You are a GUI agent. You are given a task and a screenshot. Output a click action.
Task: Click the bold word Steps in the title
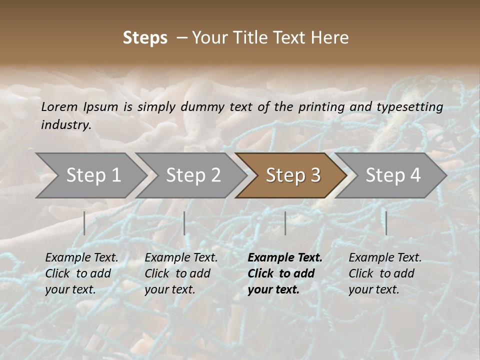tap(145, 38)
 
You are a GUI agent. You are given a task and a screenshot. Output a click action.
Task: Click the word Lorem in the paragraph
tap(58, 106)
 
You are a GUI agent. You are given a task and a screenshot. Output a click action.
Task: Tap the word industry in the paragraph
tap(65, 124)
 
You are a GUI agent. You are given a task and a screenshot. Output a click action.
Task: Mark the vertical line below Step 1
tap(84, 223)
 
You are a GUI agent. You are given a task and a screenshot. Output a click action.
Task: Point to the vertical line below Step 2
tap(184, 223)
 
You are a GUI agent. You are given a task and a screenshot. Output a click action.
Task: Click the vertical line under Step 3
tap(285, 223)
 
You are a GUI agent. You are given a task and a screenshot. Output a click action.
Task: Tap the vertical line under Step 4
tap(386, 223)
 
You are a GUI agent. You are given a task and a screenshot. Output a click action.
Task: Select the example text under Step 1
tap(81, 273)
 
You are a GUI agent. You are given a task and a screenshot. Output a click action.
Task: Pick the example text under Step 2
tap(181, 273)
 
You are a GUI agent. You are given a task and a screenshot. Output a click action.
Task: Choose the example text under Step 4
tap(385, 273)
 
